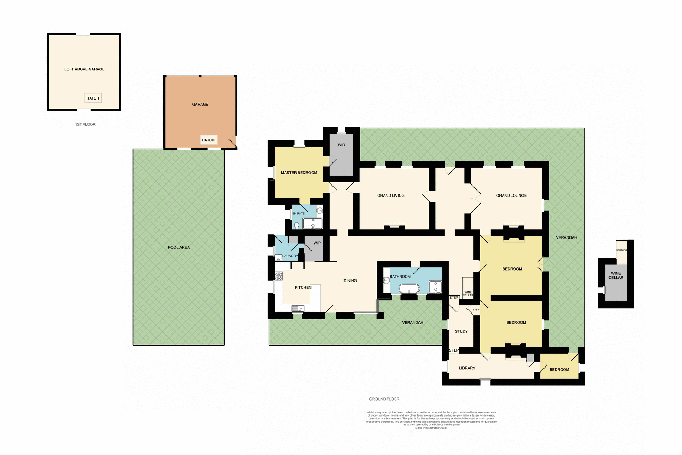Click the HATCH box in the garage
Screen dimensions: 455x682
[x=208, y=140]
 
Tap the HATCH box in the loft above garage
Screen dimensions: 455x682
[x=93, y=98]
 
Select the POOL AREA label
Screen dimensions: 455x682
[x=179, y=247]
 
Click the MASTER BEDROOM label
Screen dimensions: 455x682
[x=299, y=173]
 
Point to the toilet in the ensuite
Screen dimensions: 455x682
[x=297, y=225]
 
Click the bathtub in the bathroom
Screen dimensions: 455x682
[x=409, y=288]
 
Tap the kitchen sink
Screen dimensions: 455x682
[x=298, y=309]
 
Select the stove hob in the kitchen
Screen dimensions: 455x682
[x=279, y=276]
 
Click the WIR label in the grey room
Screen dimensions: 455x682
[x=341, y=145]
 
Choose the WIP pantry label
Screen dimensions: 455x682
[x=317, y=243]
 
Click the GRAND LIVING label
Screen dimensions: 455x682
[x=391, y=196]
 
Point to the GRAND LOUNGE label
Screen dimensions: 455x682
[x=511, y=196]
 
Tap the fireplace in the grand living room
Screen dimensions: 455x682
[x=394, y=227]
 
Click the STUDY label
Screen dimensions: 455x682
[x=461, y=331]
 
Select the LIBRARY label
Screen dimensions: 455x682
[x=467, y=368]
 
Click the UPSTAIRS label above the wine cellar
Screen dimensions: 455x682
[x=621, y=250]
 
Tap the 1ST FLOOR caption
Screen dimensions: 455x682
[x=85, y=124]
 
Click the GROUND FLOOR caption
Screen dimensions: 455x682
[x=384, y=399]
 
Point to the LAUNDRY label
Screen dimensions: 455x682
[x=290, y=256]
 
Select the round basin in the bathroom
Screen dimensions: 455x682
[x=386, y=280]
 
